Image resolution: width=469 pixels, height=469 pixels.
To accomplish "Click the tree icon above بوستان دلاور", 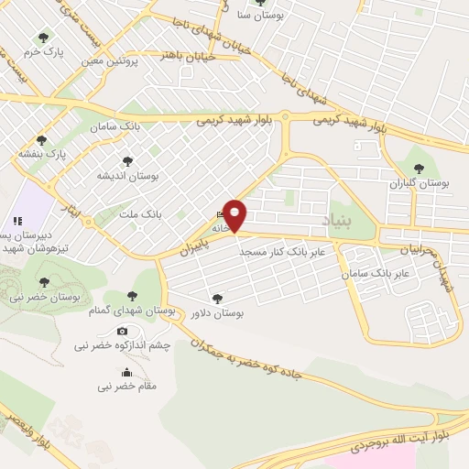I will click(217, 298).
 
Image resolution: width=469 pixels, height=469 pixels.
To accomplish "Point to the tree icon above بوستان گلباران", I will click(420, 169).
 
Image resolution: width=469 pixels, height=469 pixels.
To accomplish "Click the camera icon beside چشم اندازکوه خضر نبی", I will click(122, 331).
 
